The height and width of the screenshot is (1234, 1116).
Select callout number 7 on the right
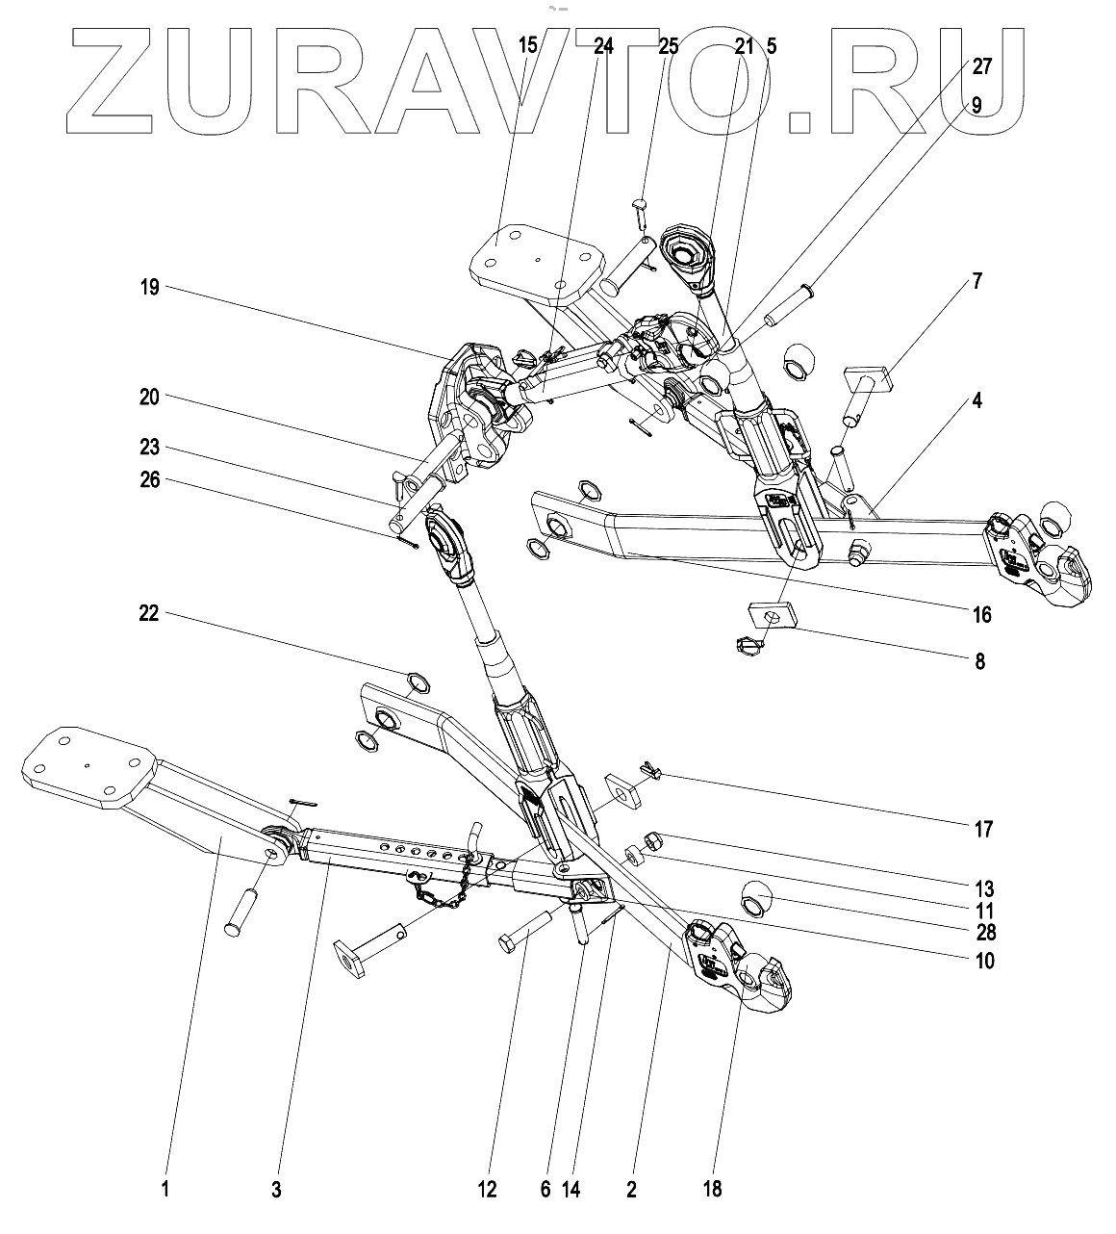[x=976, y=281]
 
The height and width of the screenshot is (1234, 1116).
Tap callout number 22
[x=148, y=614]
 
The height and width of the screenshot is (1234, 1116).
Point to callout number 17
[x=983, y=829]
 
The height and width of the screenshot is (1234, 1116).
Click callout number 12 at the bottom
[x=487, y=1191]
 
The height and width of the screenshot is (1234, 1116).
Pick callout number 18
[x=712, y=1191]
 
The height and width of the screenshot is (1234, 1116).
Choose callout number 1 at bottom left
[x=165, y=1191]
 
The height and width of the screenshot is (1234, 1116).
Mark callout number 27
[x=982, y=66]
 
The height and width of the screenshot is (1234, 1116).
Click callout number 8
[x=979, y=662]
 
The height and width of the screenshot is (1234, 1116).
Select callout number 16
[x=981, y=614]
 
